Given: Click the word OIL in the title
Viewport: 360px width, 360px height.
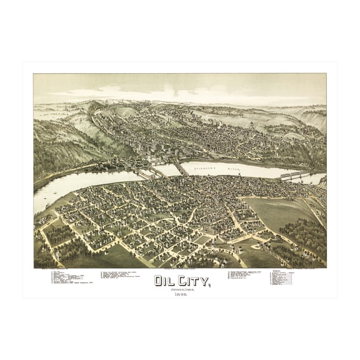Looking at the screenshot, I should pyautogui.click(x=165, y=281).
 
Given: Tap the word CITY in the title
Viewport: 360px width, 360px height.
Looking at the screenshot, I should pyautogui.click(x=191, y=281).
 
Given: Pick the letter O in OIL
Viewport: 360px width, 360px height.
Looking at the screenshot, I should pyautogui.click(x=160, y=281).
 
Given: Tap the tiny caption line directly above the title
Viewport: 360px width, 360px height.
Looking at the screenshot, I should pyautogui.click(x=180, y=270).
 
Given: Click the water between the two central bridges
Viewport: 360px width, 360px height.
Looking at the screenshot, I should pyautogui.click(x=164, y=169).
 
